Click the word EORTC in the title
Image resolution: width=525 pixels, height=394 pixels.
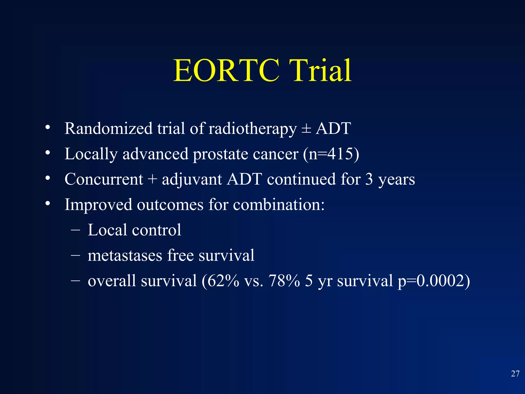tap(226, 71)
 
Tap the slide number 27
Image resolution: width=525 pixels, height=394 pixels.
tap(515, 374)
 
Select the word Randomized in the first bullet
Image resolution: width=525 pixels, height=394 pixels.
tap(108, 129)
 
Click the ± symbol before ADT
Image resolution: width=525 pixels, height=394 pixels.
tap(306, 129)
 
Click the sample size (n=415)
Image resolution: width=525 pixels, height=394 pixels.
tap(331, 154)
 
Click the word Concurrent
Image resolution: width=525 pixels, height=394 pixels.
tap(104, 179)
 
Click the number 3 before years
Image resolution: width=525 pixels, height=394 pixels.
tap(369, 179)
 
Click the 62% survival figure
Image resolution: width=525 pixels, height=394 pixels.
tap(223, 281)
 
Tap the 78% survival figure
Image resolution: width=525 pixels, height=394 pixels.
tap(284, 281)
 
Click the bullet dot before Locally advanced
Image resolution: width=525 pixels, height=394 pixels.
tap(47, 153)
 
